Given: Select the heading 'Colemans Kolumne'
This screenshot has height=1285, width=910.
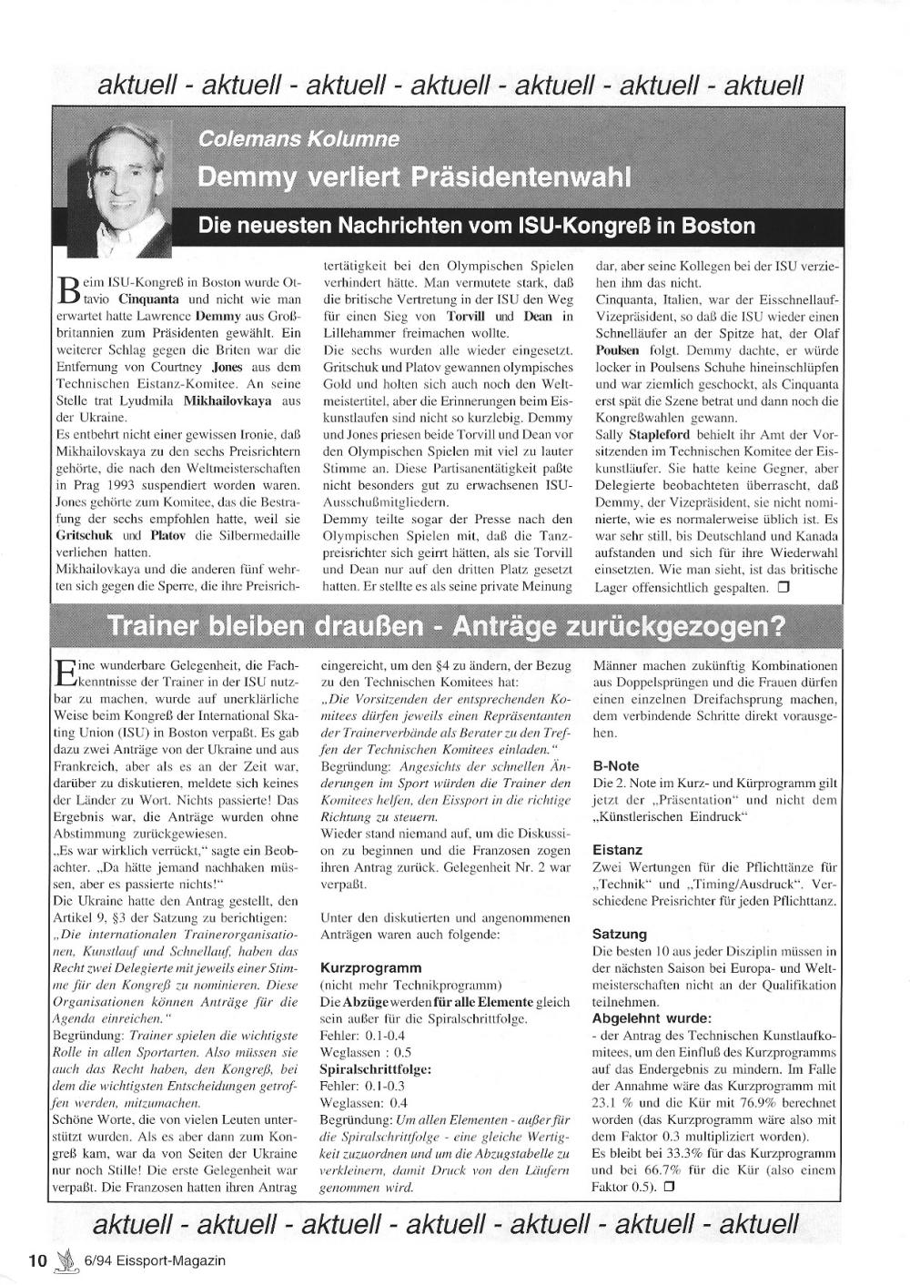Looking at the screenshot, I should tap(298, 139).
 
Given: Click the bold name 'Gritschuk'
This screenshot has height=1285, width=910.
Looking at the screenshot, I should tap(85, 535).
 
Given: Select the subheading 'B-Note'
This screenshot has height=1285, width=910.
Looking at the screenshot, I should tap(616, 765).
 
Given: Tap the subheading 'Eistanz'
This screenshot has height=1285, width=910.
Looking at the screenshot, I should tap(617, 850).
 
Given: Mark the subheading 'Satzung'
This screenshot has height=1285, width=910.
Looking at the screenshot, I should tap(620, 934).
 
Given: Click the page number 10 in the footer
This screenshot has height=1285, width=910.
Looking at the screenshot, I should tap(37, 1260).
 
